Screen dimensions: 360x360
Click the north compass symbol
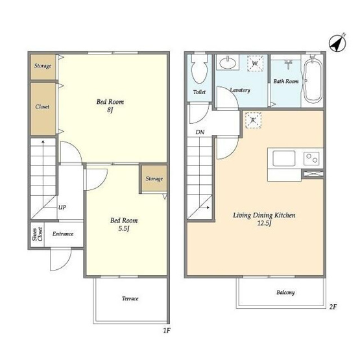click(x=337, y=43)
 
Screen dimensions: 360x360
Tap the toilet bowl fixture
click(x=199, y=68)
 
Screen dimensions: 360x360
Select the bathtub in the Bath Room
click(x=312, y=78)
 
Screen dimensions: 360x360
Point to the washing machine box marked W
click(x=255, y=63)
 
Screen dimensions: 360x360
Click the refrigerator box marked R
click(x=253, y=120)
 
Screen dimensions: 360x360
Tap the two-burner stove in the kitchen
click(x=311, y=159)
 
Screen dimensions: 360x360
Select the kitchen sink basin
click(x=283, y=158)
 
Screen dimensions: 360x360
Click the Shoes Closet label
click(x=37, y=234)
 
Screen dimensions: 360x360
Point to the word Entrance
click(x=63, y=234)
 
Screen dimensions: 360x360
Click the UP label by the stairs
click(x=62, y=208)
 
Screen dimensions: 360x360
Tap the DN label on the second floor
click(x=200, y=132)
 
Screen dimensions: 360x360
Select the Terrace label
click(x=130, y=298)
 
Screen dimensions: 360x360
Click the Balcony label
click(x=285, y=293)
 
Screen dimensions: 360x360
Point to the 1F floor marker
click(x=167, y=330)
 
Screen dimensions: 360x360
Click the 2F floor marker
click(x=333, y=307)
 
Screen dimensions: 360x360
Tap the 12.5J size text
click(x=264, y=223)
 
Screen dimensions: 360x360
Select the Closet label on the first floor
click(x=42, y=106)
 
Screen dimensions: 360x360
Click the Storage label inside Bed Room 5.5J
click(x=154, y=178)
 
